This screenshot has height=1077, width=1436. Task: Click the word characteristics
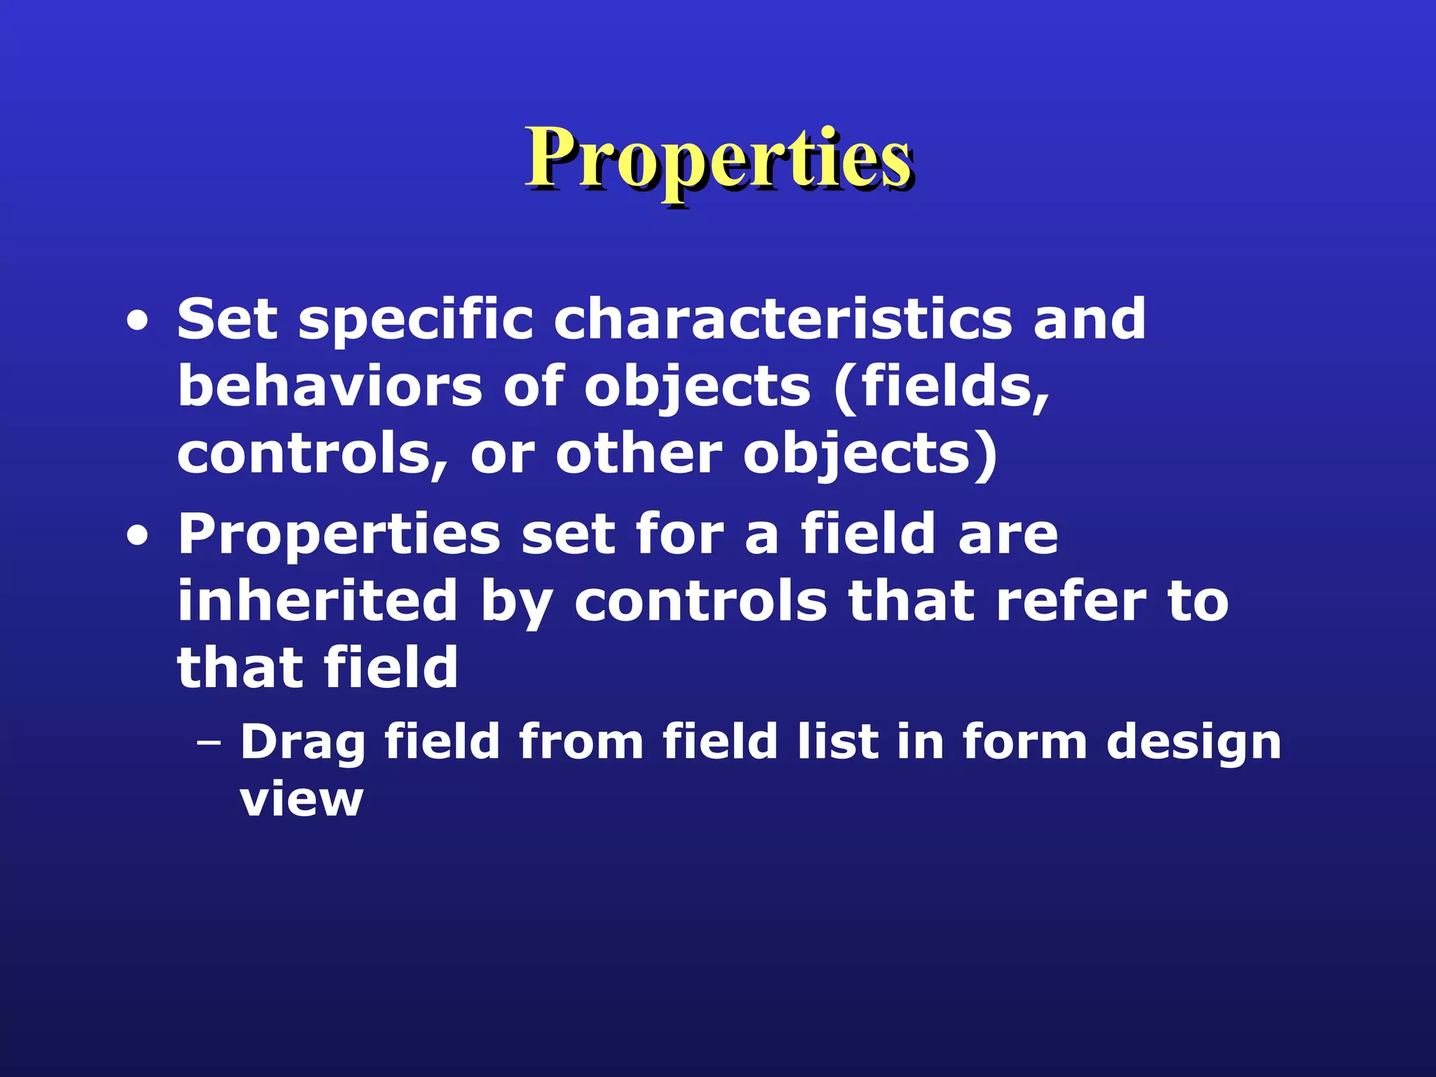(x=783, y=320)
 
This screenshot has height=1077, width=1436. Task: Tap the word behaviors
(x=330, y=386)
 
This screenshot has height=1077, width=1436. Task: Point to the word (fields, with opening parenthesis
(x=941, y=388)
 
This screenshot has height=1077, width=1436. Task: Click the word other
(x=639, y=454)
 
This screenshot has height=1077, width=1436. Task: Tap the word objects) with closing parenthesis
(x=870, y=455)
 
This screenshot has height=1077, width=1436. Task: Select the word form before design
(x=1024, y=742)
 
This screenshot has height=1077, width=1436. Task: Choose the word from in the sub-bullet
(x=581, y=742)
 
